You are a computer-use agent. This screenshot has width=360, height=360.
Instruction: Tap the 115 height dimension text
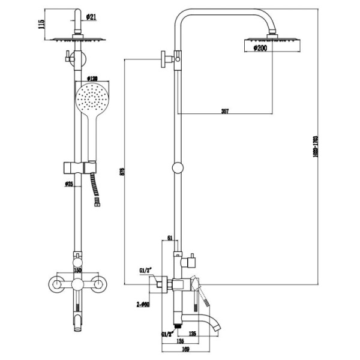coord(41,25)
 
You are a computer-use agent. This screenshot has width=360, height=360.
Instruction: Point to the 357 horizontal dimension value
coord(225,112)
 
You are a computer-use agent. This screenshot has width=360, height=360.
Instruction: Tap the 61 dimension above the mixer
coord(170,238)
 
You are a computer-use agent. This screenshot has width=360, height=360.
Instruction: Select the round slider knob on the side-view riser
coord(177,169)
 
